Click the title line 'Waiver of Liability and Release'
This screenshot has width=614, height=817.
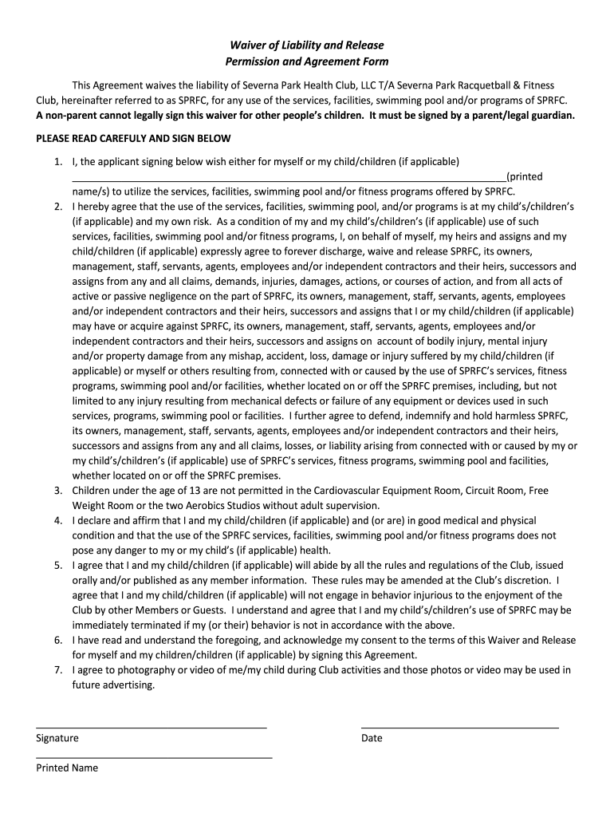307,46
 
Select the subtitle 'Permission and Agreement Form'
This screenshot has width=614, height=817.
307,62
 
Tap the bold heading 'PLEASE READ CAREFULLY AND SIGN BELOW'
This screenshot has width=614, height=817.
133,139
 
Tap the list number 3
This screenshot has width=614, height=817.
59,491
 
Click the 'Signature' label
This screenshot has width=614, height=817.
57,738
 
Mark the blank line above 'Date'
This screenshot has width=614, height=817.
459,727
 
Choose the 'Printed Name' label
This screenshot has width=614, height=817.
67,768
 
